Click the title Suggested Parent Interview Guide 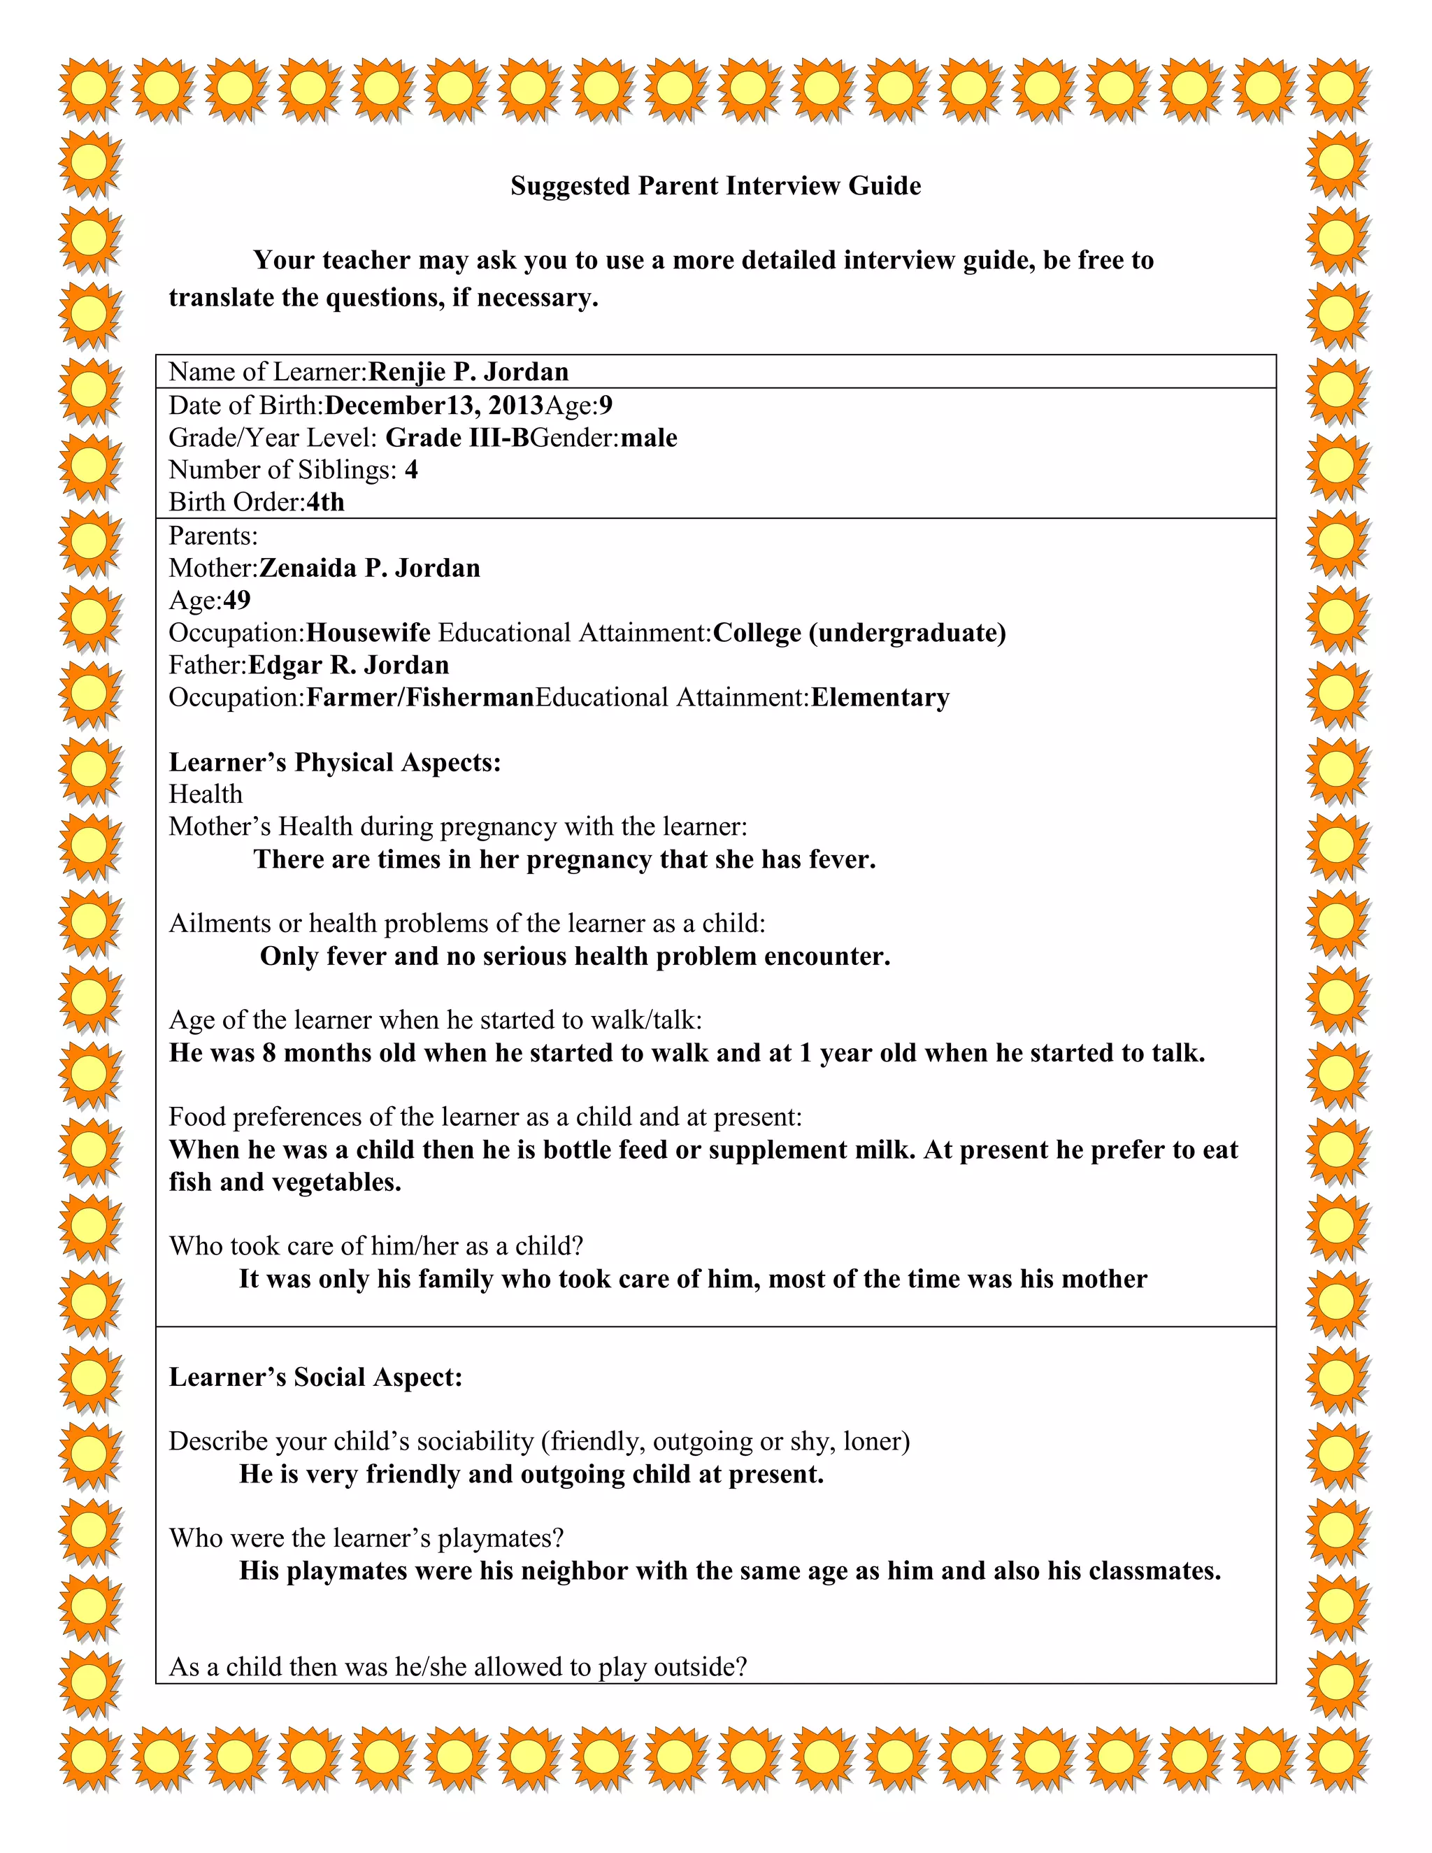(x=715, y=186)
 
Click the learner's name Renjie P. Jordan (x=468, y=371)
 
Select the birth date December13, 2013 (x=434, y=405)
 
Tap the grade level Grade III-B (x=457, y=438)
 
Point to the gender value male (x=649, y=438)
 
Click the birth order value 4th (x=325, y=502)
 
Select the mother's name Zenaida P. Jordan (x=369, y=568)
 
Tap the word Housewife (x=368, y=633)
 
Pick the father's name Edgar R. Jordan (x=348, y=665)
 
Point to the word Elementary (x=880, y=697)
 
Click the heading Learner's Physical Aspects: (x=335, y=762)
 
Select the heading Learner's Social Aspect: (x=315, y=1376)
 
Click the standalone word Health (x=206, y=794)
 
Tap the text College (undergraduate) (x=859, y=633)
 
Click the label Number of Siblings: (x=282, y=470)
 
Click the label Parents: (x=213, y=536)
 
